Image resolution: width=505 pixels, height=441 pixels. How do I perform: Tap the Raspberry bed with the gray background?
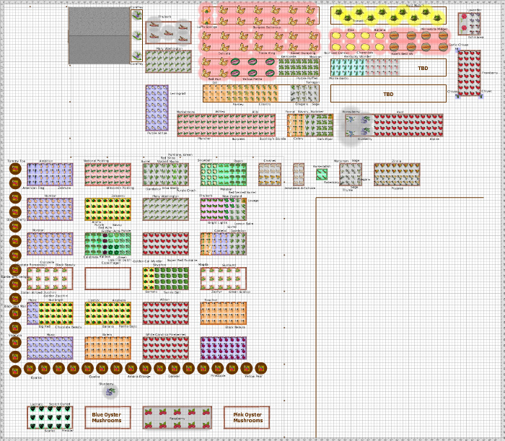[x=177, y=417]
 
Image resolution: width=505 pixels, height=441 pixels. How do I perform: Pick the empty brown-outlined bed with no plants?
[x=107, y=279]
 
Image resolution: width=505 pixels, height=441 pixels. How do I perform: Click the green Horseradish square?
[x=322, y=174]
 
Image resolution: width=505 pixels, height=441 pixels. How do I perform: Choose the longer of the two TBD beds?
[x=388, y=94]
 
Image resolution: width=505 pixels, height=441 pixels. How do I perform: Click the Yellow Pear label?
[x=253, y=376]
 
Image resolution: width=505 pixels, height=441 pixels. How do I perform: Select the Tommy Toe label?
[x=16, y=161]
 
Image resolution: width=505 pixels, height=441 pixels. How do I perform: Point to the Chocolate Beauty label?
[x=63, y=326]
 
